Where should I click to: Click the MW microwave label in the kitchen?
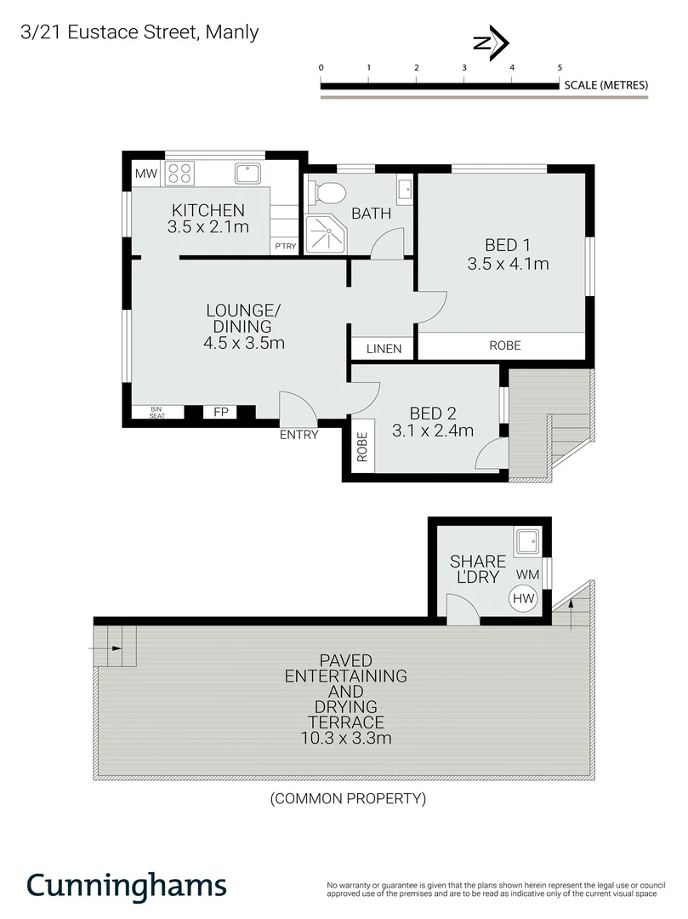[146, 174]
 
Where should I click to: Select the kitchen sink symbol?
[249, 174]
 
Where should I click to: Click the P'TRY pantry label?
[283, 247]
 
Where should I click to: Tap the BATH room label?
[372, 213]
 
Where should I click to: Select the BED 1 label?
[507, 246]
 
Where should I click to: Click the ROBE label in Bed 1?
[504, 345]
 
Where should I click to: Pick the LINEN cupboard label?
[383, 349]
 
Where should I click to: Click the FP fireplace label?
[221, 413]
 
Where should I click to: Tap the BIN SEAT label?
[156, 413]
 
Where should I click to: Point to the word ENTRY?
[299, 435]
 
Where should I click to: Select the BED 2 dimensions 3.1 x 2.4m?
[432, 431]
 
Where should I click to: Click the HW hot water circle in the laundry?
[524, 599]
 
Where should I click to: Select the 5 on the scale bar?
[560, 67]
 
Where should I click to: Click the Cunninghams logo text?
[126, 885]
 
